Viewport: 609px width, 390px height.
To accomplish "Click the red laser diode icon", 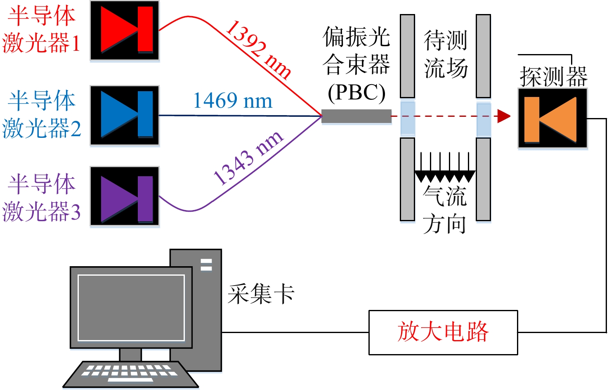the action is (x=125, y=30).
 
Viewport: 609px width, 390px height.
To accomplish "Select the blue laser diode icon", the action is (x=125, y=115).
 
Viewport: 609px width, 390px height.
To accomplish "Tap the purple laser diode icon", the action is (x=125, y=196).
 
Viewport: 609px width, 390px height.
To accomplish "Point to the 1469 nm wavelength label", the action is (x=233, y=101).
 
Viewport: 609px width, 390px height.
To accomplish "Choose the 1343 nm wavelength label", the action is (x=248, y=158).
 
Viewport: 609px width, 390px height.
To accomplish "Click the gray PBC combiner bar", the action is (x=356, y=116).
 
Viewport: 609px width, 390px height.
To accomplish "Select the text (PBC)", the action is (x=356, y=93).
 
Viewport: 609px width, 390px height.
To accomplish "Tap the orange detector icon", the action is (x=552, y=118).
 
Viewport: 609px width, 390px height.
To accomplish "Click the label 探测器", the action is (x=554, y=76).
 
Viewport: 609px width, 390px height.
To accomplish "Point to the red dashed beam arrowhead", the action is (x=504, y=116).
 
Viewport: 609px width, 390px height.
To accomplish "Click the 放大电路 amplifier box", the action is (x=443, y=332).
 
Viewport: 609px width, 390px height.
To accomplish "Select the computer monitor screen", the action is (x=131, y=307).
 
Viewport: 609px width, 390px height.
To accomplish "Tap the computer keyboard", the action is (x=130, y=374).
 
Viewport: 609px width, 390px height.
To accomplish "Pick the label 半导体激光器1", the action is (x=41, y=29).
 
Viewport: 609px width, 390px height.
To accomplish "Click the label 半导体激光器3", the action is (x=41, y=198).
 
